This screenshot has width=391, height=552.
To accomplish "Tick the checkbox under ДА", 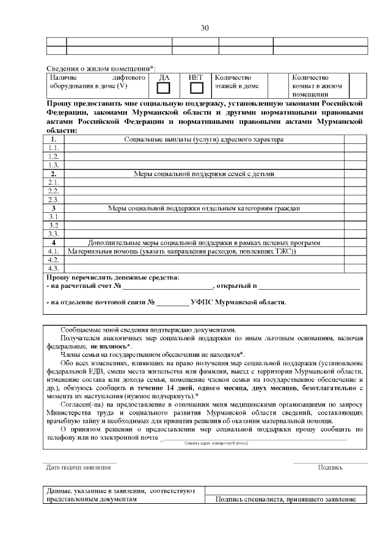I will [x=164, y=88].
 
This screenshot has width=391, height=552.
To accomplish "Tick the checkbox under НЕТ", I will [x=196, y=88].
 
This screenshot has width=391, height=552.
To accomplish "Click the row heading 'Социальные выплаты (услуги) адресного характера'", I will [x=203, y=140].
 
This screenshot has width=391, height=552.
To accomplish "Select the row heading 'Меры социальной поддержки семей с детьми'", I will [x=203, y=174].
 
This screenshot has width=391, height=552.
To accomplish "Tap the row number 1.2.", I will [x=54, y=157].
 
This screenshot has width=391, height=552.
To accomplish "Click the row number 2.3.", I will [x=54, y=199].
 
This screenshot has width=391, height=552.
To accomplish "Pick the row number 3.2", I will [x=54, y=225].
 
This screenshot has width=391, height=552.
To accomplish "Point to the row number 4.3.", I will [x=54, y=268].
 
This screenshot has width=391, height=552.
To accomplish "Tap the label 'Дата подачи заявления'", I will [x=79, y=468].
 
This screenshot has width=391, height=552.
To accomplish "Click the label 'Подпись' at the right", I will [x=330, y=468].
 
